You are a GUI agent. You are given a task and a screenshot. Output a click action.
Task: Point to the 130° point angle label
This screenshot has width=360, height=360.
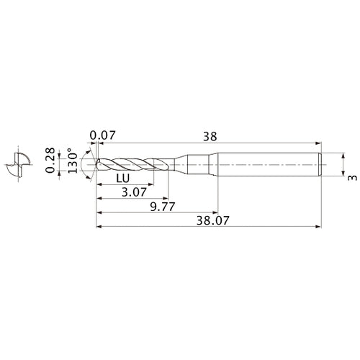[72, 163]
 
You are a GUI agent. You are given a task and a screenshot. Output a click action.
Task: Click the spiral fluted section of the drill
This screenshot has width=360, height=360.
[133, 164]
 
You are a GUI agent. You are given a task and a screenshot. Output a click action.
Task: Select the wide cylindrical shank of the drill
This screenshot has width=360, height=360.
[266, 164]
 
